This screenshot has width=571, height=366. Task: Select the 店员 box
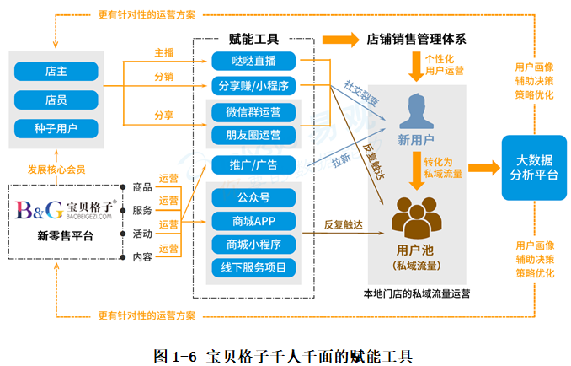click(56, 100)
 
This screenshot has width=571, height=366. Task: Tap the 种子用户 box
click(56, 129)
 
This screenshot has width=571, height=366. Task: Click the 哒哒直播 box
click(253, 61)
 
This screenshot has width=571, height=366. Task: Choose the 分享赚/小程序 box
click(253, 85)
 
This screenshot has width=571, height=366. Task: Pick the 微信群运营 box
click(253, 111)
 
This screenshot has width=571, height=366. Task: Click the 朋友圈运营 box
click(253, 135)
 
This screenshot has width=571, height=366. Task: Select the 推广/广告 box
click(253, 164)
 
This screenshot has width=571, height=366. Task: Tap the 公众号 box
click(253, 198)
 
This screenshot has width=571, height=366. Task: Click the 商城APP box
click(253, 222)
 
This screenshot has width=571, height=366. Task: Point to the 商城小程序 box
click(253, 245)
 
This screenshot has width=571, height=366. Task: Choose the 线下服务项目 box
click(253, 268)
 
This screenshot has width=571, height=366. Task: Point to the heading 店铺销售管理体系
click(417, 39)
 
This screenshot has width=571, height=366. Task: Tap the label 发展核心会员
click(56, 170)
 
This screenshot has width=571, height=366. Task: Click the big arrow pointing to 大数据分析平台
click(482, 166)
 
